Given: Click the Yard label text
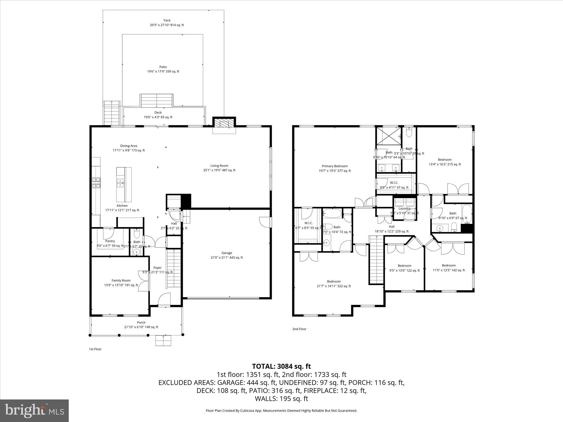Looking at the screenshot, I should click(x=167, y=20).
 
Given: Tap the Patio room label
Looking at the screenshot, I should click(x=163, y=67).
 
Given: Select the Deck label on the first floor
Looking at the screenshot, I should click(x=158, y=113).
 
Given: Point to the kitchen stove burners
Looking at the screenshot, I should click(x=96, y=183).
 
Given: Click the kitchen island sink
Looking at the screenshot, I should click(x=120, y=183).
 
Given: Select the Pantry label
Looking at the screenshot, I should click(x=110, y=241).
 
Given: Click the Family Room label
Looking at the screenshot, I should click(x=121, y=281).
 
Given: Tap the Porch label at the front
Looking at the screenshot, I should click(x=141, y=323).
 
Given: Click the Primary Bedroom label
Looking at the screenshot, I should click(x=335, y=166).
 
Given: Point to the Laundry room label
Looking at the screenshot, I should click(x=404, y=209).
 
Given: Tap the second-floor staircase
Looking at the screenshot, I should click(x=376, y=261).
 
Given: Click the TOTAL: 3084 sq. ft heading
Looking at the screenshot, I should click(x=281, y=366).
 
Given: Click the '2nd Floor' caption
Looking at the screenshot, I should click(x=299, y=329).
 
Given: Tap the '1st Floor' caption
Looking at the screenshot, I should click(x=95, y=349).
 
